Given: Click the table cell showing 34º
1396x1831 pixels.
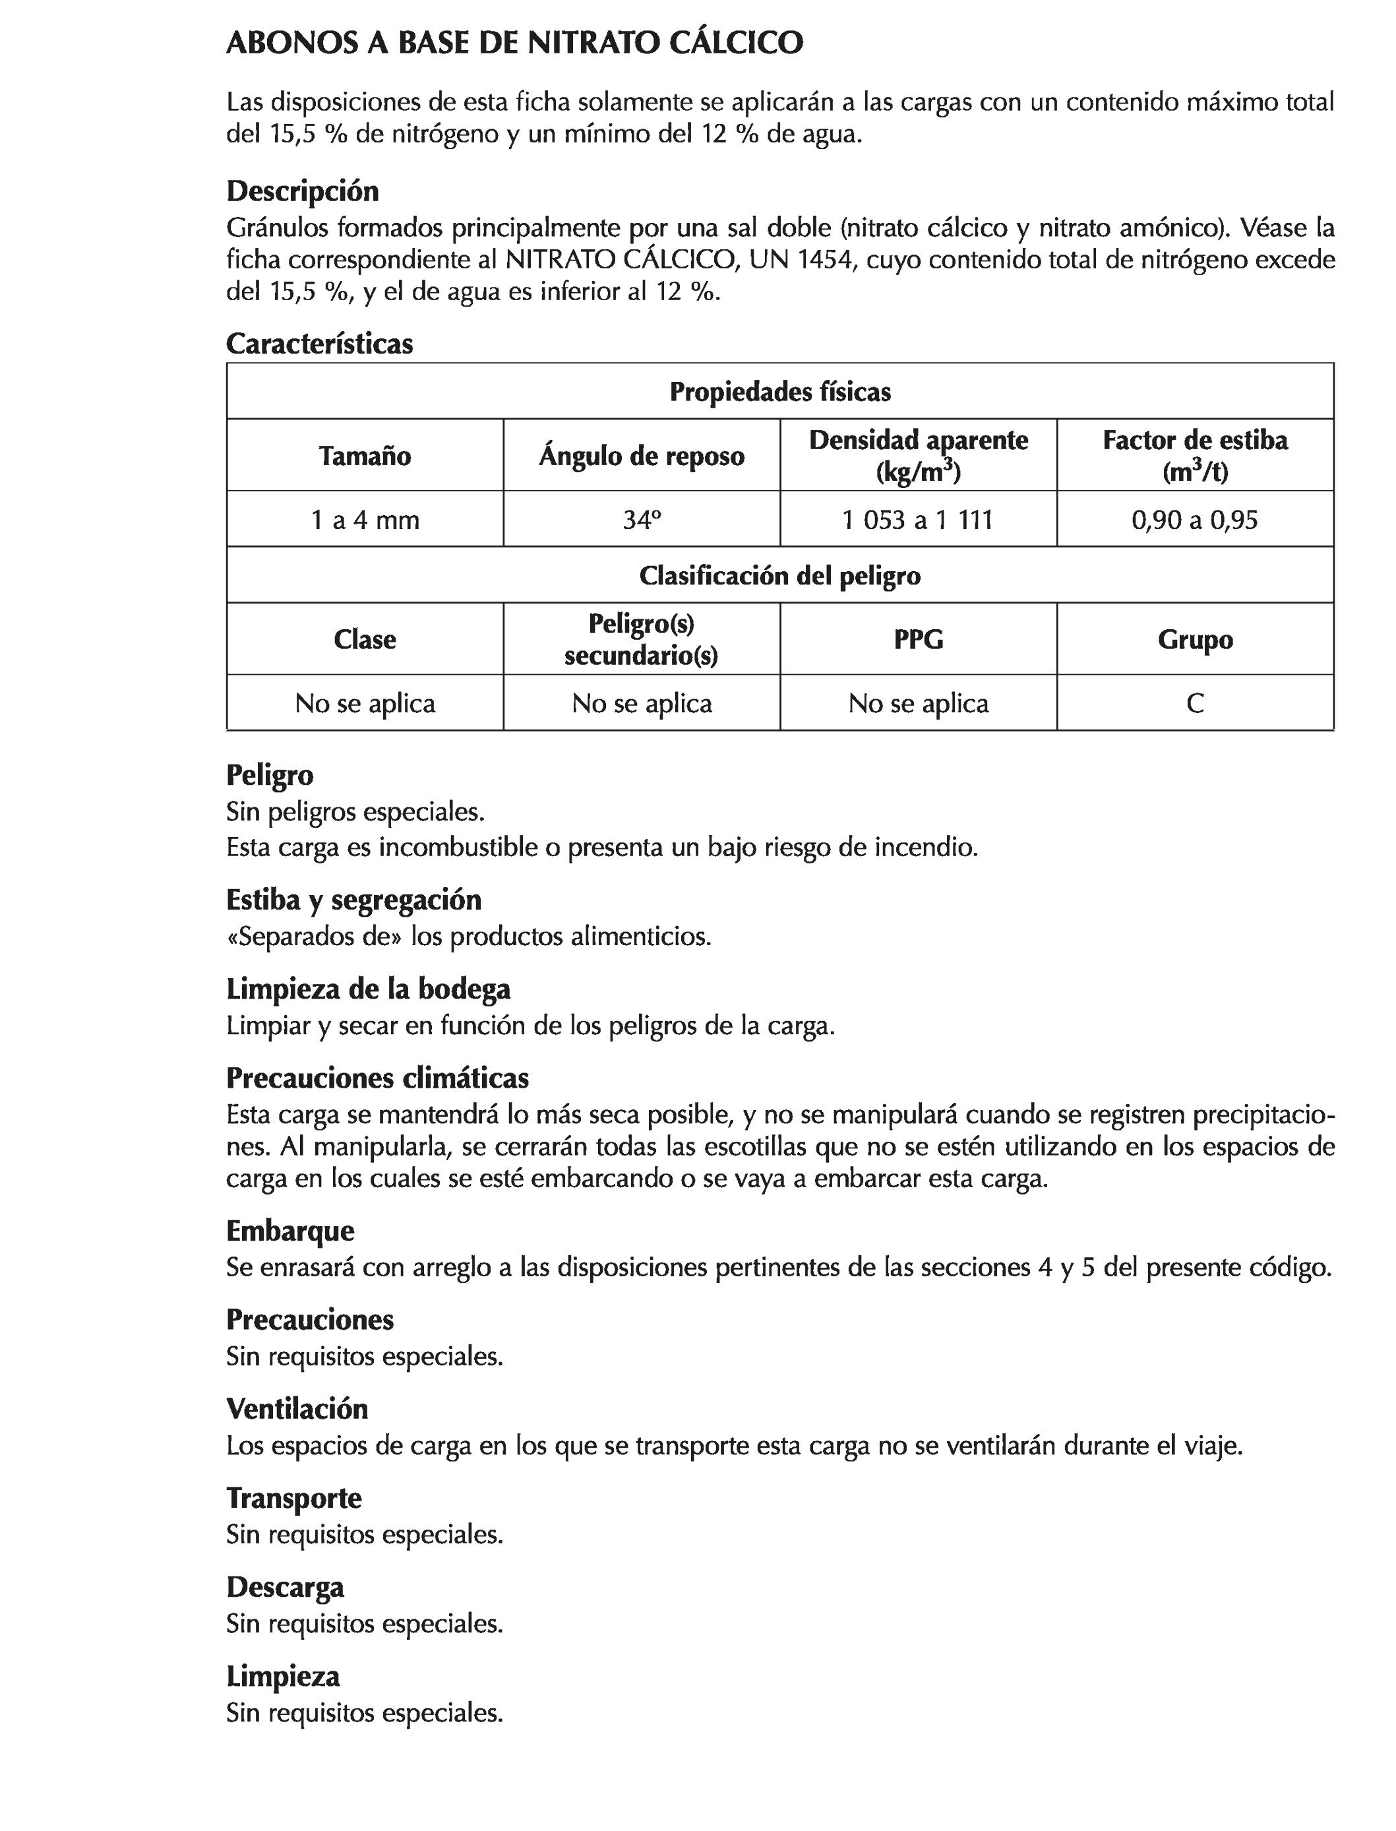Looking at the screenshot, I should pyautogui.click(x=642, y=520).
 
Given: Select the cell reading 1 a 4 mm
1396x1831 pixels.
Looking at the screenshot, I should pyautogui.click(x=365, y=520).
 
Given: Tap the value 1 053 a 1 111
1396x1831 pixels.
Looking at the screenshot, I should pyautogui.click(x=917, y=520).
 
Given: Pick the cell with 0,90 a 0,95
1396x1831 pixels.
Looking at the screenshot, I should pyautogui.click(x=1194, y=520).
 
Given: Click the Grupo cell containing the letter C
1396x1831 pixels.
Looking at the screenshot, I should pyautogui.click(x=1194, y=704).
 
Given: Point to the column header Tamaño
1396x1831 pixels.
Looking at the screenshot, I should pyautogui.click(x=365, y=456).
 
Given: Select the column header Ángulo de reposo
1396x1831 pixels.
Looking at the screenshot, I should pyautogui.click(x=642, y=456).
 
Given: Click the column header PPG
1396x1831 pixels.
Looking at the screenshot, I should pyautogui.click(x=917, y=639).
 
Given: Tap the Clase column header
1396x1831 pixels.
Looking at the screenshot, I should pyautogui.click(x=365, y=639).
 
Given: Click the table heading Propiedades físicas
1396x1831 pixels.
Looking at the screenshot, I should pyautogui.click(x=779, y=392).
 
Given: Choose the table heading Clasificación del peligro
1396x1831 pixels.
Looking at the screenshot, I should pyautogui.click(x=779, y=576).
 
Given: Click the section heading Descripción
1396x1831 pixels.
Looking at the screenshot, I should pyautogui.click(x=303, y=191).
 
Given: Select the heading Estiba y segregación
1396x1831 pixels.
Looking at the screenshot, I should pyautogui.click(x=353, y=899).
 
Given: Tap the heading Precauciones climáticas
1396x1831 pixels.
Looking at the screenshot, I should pyautogui.click(x=377, y=1078).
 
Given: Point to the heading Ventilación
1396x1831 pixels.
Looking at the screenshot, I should pyautogui.click(x=297, y=1409).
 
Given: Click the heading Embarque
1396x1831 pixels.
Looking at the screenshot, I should pyautogui.click(x=290, y=1230).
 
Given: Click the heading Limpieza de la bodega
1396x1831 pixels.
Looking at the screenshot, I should pyautogui.click(x=368, y=989).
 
